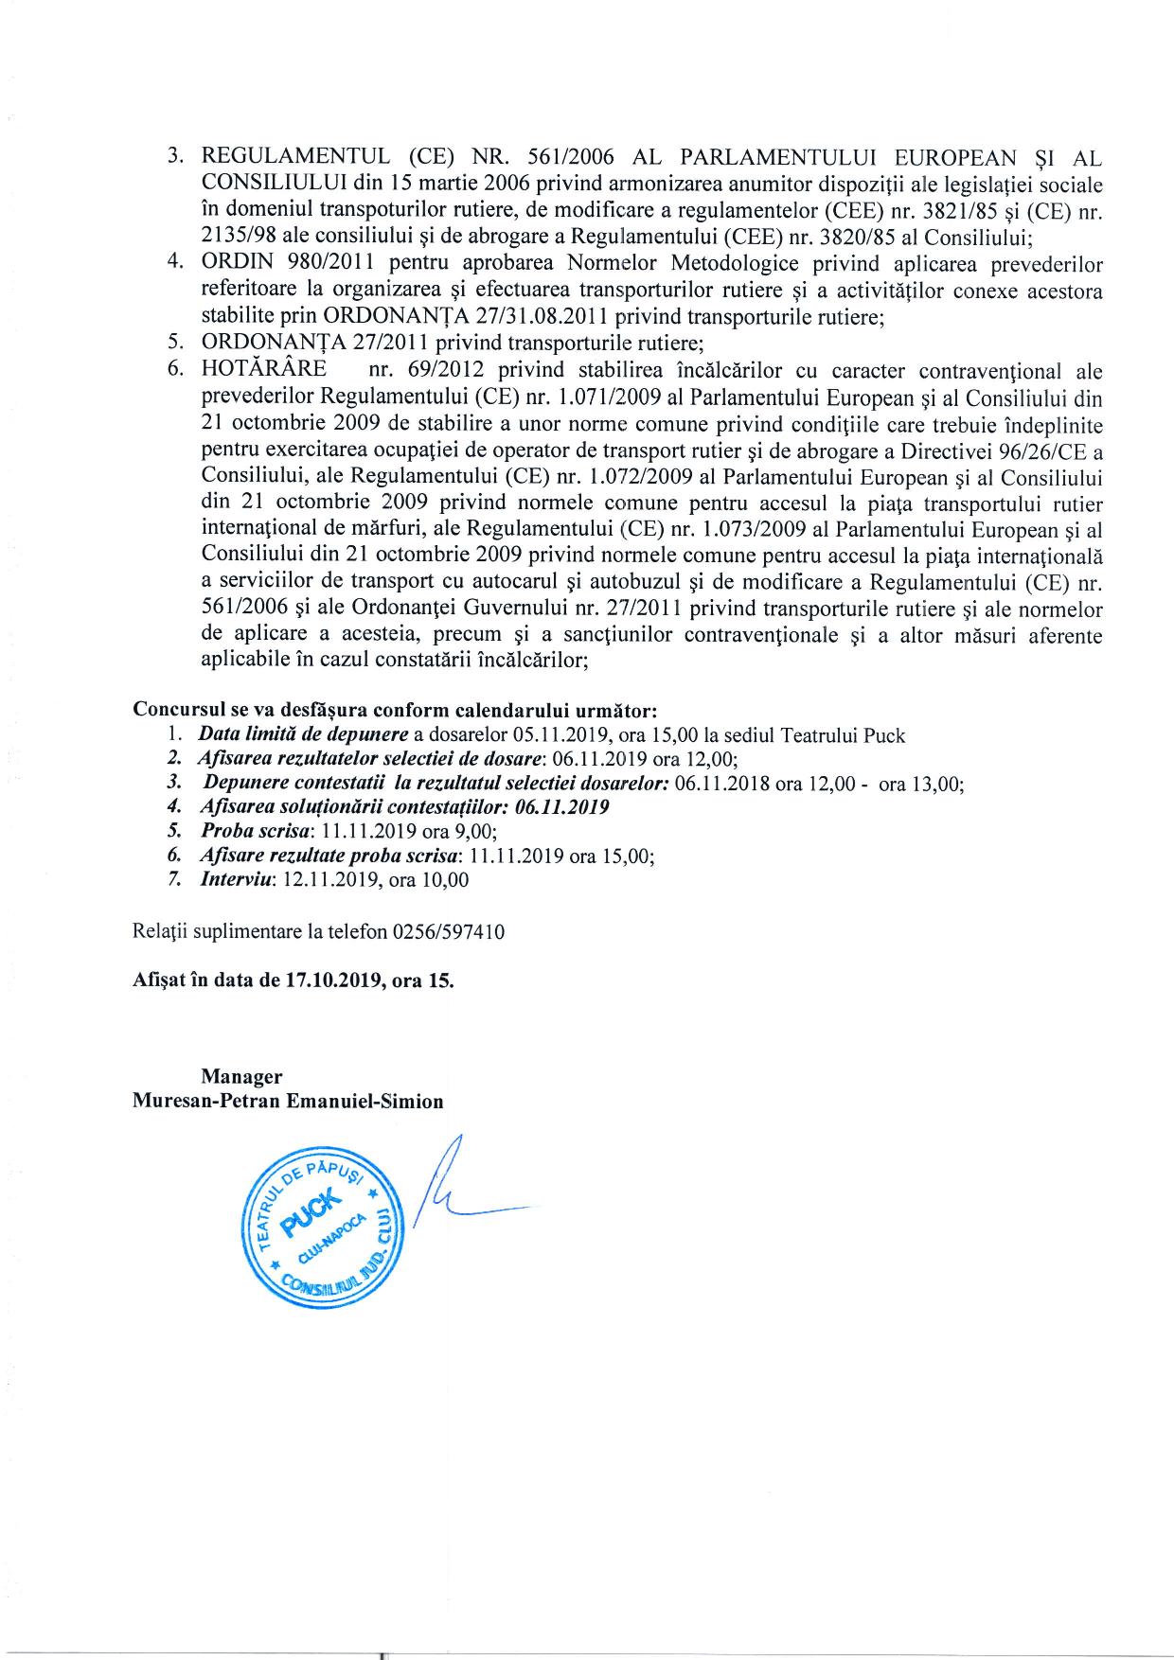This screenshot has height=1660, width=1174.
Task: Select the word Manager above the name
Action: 241,1076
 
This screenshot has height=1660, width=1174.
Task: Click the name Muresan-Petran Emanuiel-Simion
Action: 289,1102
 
